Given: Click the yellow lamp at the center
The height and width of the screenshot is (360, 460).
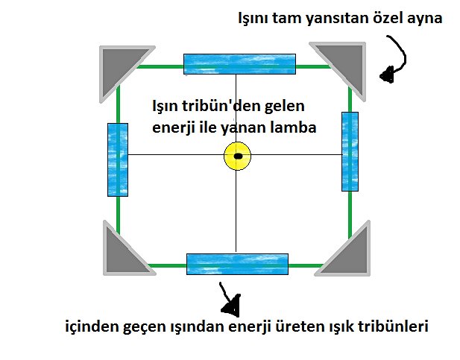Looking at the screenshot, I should (x=237, y=157).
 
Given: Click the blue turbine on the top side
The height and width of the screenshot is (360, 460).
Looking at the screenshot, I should (x=240, y=64).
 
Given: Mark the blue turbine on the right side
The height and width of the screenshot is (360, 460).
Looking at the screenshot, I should (x=350, y=151).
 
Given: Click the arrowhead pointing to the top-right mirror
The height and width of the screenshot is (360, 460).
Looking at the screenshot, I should (x=387, y=75).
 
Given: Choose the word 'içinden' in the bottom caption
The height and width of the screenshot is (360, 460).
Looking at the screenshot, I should (x=89, y=328).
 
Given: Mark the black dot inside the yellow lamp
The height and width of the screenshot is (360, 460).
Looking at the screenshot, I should (x=238, y=157).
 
